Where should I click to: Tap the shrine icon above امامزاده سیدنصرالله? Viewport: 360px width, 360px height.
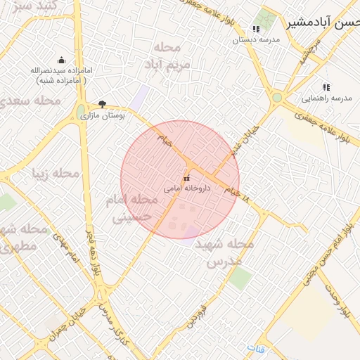(61, 60)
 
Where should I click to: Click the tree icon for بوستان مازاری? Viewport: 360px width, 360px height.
(103, 104)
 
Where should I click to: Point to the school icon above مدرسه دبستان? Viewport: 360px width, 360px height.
(256, 30)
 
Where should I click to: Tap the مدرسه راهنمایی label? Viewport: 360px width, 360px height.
(326, 98)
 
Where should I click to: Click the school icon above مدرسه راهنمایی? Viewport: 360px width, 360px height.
(327, 88)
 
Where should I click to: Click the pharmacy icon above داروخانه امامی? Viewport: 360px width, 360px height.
(186, 179)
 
